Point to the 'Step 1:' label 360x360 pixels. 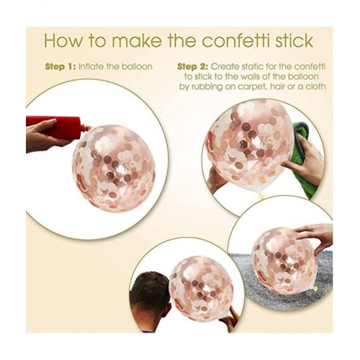(60, 66)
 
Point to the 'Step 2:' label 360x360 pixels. (193, 66)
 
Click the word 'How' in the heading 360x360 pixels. (63, 41)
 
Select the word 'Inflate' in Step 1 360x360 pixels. (91, 66)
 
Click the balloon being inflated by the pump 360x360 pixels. (114, 168)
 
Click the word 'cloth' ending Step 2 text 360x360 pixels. (315, 86)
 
